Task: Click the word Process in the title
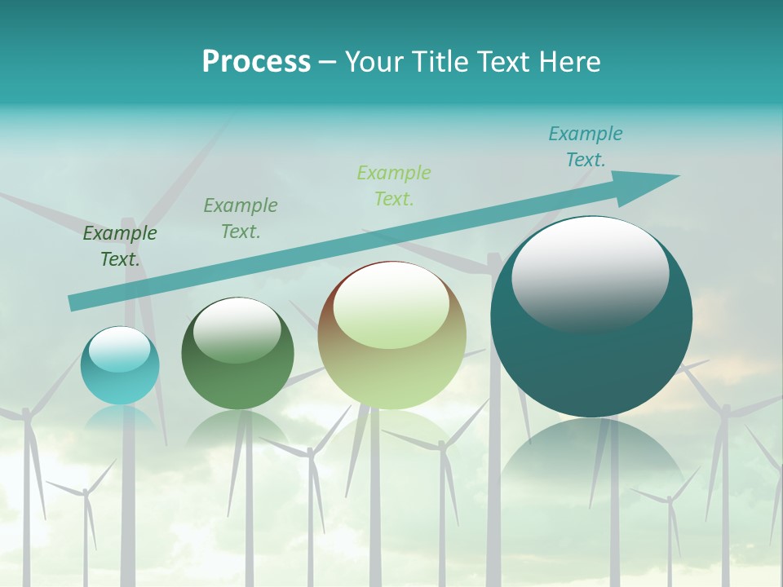pyautogui.click(x=256, y=62)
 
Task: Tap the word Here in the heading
pyautogui.click(x=568, y=62)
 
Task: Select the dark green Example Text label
pyautogui.click(x=120, y=246)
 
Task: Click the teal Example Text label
pyautogui.click(x=586, y=147)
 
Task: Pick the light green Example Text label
pyautogui.click(x=394, y=186)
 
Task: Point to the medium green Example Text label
pyautogui.click(x=241, y=218)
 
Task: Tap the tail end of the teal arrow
pyautogui.click(x=75, y=302)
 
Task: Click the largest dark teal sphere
pyautogui.click(x=591, y=359)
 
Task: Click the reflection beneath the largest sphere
pyautogui.click(x=591, y=465)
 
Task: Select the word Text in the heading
pyautogui.click(x=506, y=62)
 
